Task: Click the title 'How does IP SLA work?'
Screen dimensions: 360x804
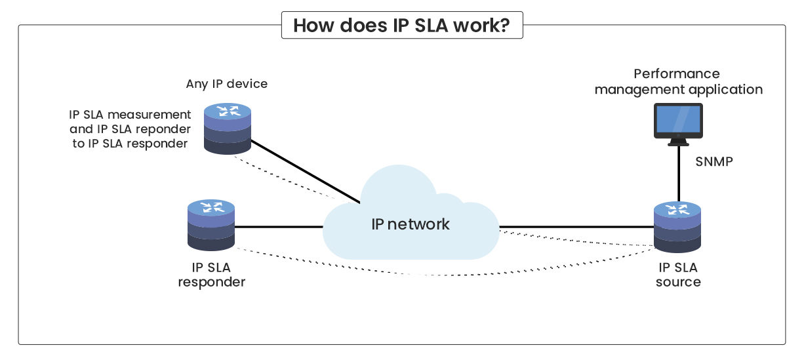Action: (x=401, y=26)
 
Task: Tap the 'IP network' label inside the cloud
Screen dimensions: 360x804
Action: (x=411, y=224)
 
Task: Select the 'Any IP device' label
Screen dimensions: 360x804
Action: (x=227, y=84)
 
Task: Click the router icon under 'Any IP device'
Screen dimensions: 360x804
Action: (x=228, y=128)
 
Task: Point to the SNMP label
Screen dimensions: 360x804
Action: (x=714, y=161)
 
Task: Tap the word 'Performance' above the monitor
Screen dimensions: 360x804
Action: (x=677, y=74)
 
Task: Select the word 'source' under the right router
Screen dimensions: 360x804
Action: (x=678, y=283)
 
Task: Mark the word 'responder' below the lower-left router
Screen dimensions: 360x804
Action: (x=211, y=283)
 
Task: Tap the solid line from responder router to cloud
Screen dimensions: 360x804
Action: (x=279, y=227)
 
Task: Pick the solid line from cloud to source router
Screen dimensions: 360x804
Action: (x=577, y=228)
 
